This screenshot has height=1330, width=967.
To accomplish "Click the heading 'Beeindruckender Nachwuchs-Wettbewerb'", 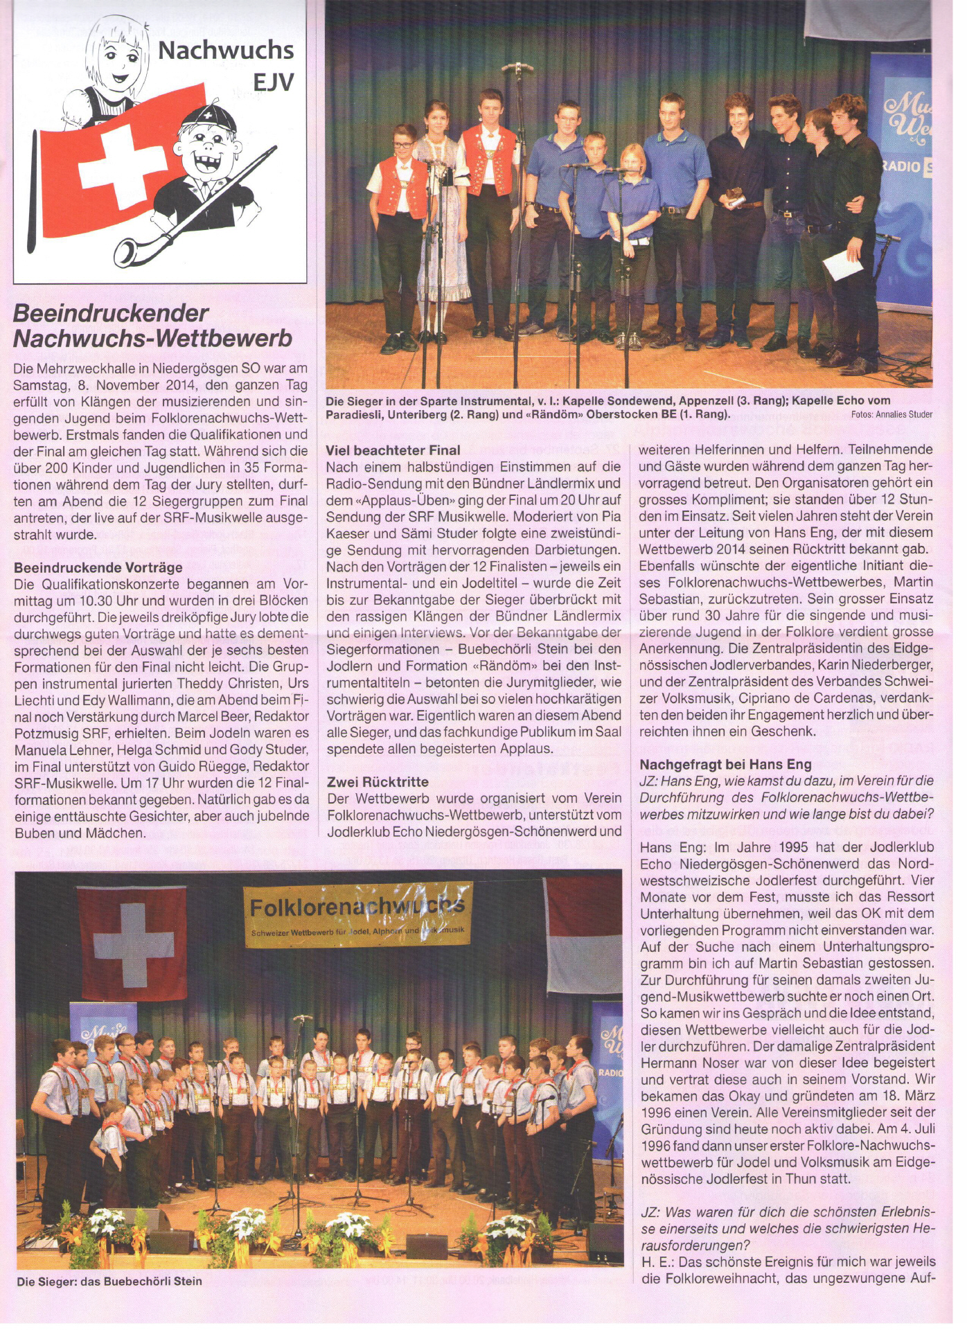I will (152, 325).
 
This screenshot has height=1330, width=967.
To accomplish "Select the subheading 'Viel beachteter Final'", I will (393, 450).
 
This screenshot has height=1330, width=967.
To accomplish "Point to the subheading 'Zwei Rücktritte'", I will (378, 781).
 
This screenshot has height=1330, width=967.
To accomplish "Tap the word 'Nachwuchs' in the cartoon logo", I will (226, 51).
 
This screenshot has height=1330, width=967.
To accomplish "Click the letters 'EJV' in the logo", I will (273, 82).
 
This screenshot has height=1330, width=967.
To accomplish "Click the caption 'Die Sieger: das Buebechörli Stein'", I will (109, 1281).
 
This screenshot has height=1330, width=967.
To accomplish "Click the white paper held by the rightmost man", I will (846, 265).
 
